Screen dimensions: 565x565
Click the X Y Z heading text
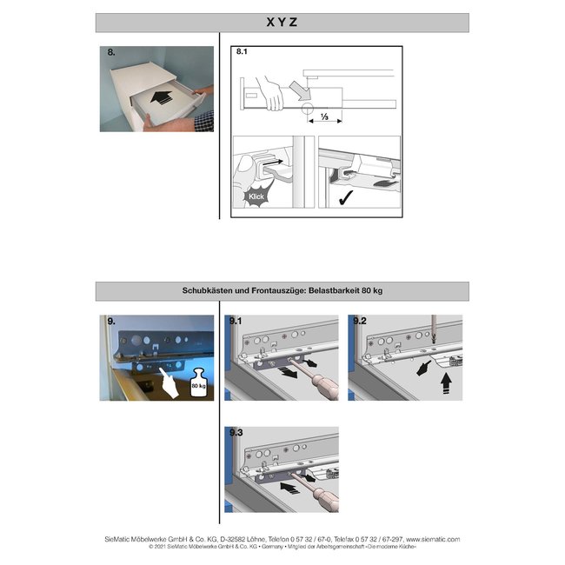point(282,23)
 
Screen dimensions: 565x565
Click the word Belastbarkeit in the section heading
point(332,291)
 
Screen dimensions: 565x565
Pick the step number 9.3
point(236,432)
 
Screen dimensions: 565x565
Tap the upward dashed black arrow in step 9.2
point(447,382)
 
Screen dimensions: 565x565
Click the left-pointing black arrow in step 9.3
point(290,489)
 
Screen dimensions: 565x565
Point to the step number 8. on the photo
point(112,54)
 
